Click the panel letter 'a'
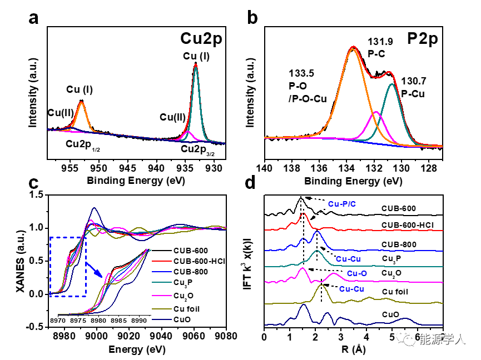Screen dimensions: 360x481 [34, 19]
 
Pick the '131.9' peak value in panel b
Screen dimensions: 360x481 [380, 42]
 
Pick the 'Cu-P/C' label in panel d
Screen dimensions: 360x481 [341, 204]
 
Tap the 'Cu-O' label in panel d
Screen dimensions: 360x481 [358, 273]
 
